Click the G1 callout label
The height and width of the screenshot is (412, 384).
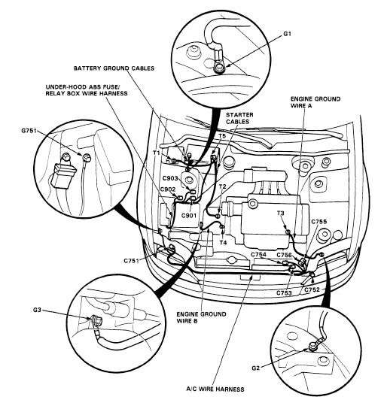pyautogui.click(x=287, y=34)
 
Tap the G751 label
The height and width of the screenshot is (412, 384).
pyautogui.click(x=29, y=130)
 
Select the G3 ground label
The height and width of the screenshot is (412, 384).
pyautogui.click(x=37, y=310)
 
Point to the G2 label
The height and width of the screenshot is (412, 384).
pyautogui.click(x=255, y=368)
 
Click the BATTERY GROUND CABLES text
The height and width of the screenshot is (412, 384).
pyautogui.click(x=114, y=68)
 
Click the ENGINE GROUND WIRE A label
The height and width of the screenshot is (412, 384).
pyautogui.click(x=315, y=102)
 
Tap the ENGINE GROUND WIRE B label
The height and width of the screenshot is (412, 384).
pyautogui.click(x=201, y=317)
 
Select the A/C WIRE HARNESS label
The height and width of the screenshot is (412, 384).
pyautogui.click(x=215, y=389)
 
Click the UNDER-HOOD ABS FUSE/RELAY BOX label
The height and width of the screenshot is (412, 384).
pyautogui.click(x=87, y=90)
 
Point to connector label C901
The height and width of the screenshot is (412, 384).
pyautogui.click(x=189, y=216)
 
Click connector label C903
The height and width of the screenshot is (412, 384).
pyautogui.click(x=170, y=178)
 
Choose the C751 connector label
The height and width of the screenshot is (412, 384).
pyautogui.click(x=131, y=261)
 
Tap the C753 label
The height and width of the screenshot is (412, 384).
pyautogui.click(x=284, y=292)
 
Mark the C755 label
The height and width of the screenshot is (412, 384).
pyautogui.click(x=319, y=222)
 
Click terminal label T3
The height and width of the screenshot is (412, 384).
pyautogui.click(x=281, y=213)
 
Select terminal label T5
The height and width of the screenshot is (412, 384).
pyautogui.click(x=222, y=136)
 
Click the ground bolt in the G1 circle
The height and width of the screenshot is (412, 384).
pyautogui.click(x=218, y=69)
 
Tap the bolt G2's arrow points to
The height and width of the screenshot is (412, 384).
pyautogui.click(x=313, y=347)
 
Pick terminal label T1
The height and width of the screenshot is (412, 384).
pyautogui.click(x=157, y=153)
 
